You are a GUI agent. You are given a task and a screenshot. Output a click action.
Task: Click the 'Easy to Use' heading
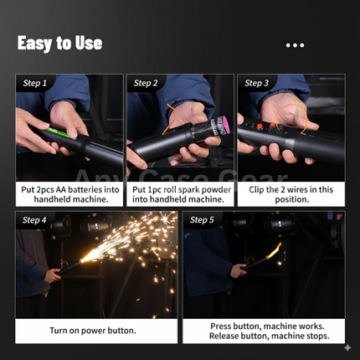pos(60,43)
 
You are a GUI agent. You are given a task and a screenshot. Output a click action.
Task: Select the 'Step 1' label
pos(35,83)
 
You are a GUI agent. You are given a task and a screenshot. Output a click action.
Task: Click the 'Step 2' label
pos(146,83)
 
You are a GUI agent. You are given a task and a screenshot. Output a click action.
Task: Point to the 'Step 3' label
pos(256,83)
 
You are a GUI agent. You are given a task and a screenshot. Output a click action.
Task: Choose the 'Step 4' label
pos(35,220)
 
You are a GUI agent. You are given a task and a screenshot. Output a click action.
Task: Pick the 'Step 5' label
pos(203,220)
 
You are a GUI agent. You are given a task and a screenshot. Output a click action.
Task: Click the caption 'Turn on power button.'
pos(92,330)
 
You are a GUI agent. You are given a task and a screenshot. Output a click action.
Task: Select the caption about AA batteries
pos(69,195)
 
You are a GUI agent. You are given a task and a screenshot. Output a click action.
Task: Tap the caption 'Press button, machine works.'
pos(264,325)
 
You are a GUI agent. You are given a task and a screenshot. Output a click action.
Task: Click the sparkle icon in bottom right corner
pos(347,347)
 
